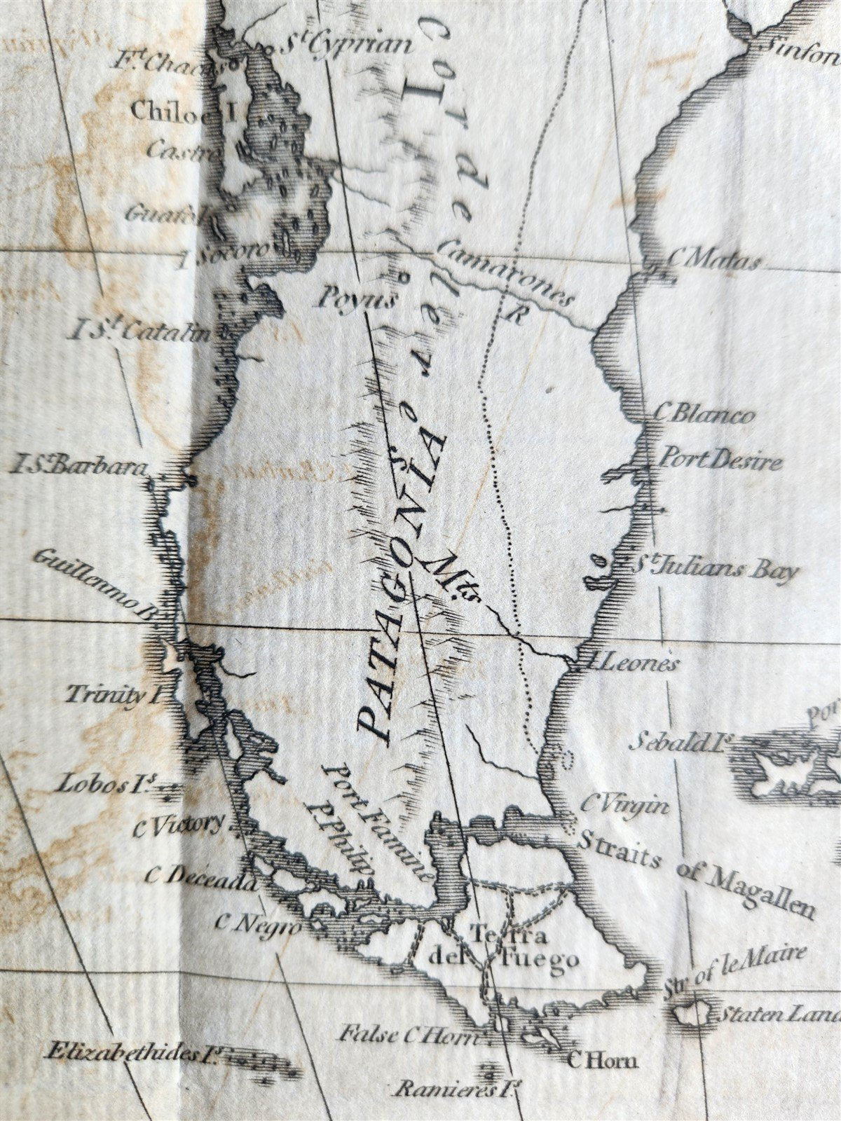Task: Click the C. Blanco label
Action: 704,415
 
